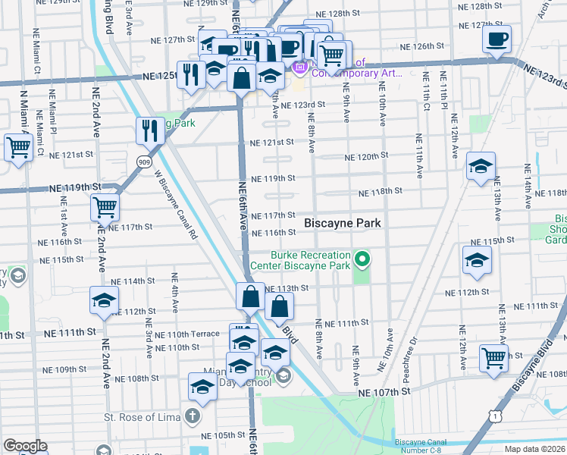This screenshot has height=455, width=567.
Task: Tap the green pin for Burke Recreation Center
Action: coord(362,261)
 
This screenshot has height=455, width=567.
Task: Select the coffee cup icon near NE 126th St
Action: coord(497,40)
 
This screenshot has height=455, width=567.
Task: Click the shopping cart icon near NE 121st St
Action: coord(17,149)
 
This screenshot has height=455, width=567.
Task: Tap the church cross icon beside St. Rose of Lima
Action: coord(193,416)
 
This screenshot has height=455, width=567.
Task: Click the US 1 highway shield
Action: coord(494,416)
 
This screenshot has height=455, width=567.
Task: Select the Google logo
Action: coord(25,446)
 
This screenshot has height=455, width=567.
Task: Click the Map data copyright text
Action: coord(534,449)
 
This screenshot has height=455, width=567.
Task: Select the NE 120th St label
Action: coord(366,156)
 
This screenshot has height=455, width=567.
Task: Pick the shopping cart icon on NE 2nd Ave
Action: coord(105,206)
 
